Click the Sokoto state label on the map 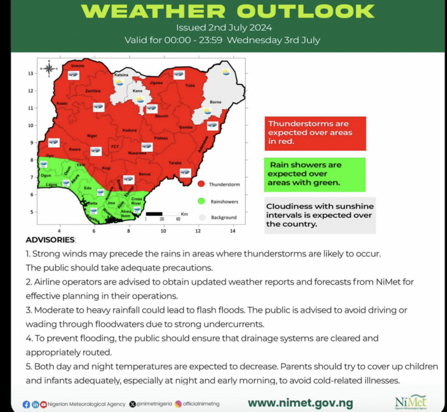tap(77, 66)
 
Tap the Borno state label tap(215, 102)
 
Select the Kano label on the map tap(137, 91)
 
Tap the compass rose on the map tap(49, 69)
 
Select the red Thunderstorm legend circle tap(201, 184)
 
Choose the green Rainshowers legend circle tap(201, 201)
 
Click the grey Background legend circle tap(201, 217)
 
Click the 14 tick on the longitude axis tap(232, 231)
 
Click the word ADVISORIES tap(50, 240)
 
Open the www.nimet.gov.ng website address tap(300, 403)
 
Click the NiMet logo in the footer tap(410, 402)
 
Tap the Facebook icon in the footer tap(26, 404)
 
